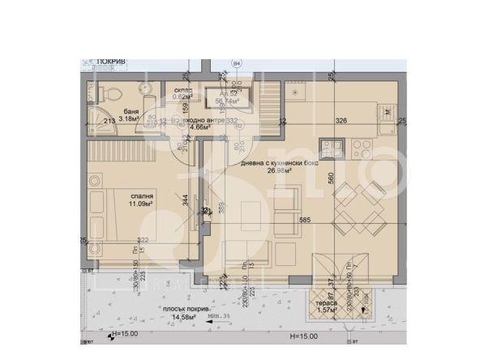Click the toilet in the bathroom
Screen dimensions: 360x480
114,92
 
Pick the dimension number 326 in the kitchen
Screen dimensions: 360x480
341,121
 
